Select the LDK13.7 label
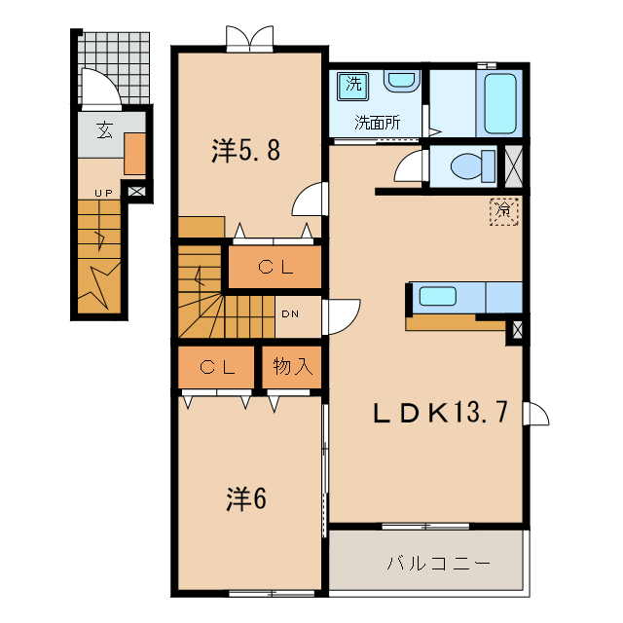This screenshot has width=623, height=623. [x=440, y=413]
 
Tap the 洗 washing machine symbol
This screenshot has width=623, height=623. [x=352, y=85]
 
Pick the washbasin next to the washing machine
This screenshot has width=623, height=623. [x=400, y=81]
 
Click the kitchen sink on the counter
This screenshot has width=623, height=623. [x=444, y=297]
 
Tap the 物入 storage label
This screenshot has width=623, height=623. [x=291, y=367]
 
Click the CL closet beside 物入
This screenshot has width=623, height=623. [x=217, y=367]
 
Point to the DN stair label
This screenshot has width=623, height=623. [x=290, y=313]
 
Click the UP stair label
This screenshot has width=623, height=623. [x=104, y=193]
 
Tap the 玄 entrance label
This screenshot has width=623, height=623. [x=102, y=130]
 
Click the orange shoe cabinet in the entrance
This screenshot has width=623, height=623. [x=134, y=154]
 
